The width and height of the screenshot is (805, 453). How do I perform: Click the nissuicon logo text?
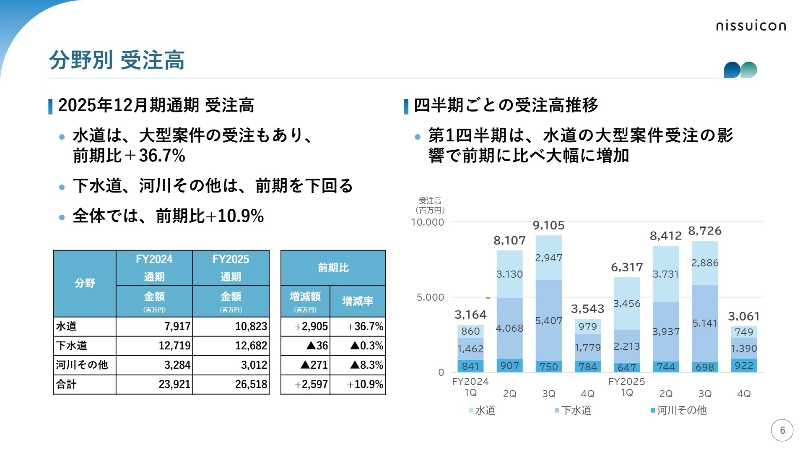(750, 26)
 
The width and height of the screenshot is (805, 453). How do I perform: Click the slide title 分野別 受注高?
(117, 60)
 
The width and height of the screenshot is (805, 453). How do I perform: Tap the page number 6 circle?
(782, 430)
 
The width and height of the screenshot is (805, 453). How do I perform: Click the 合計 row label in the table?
(67, 384)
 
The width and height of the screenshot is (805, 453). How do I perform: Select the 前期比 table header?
(333, 268)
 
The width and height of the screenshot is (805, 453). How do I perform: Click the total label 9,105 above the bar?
(548, 226)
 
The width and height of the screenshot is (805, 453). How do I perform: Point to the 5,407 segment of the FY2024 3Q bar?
(548, 321)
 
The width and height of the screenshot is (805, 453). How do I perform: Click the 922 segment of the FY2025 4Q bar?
(744, 366)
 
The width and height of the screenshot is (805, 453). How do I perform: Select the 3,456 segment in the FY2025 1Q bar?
(626, 303)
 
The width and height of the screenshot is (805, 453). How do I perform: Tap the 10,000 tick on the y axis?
(427, 222)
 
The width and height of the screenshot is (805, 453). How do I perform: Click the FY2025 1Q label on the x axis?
(626, 387)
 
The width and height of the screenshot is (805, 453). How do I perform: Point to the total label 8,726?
(705, 231)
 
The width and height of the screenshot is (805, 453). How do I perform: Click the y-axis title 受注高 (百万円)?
(430, 206)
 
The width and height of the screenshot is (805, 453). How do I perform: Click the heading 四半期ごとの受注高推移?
(505, 105)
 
